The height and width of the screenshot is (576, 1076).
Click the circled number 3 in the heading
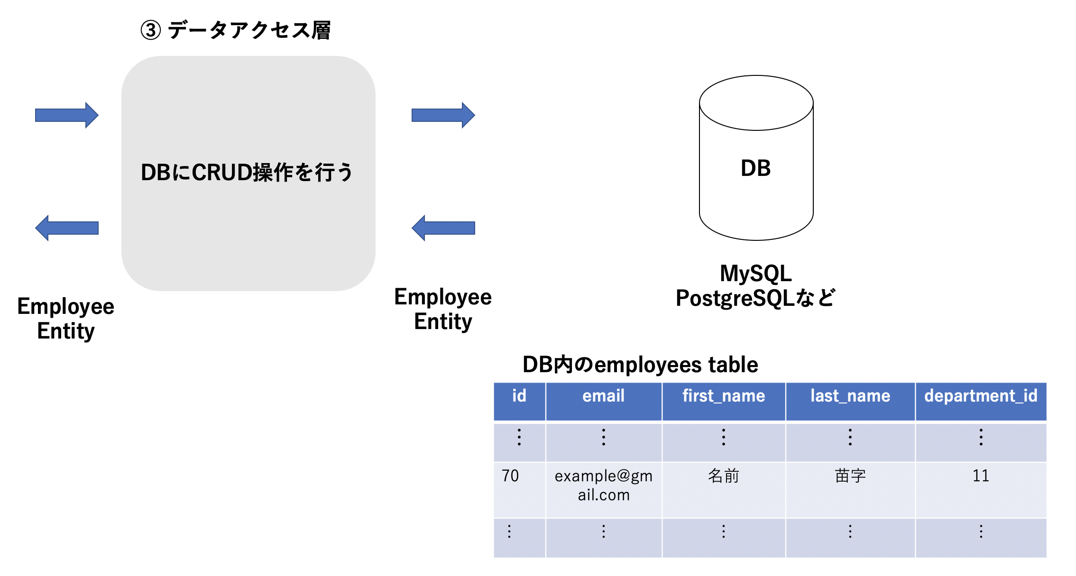pos(150,31)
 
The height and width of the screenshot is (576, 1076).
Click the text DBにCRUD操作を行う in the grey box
pos(247,173)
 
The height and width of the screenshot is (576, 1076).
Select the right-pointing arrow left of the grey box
pos(67,115)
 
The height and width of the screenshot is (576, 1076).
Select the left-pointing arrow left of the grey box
pos(67,228)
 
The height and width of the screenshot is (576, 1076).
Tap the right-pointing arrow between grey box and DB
pos(443,115)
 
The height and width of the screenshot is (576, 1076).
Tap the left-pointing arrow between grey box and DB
pos(443,228)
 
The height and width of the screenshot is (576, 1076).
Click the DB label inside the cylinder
pos(755,168)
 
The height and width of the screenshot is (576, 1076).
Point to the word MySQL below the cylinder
pos(755,274)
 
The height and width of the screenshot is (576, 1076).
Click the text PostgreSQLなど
pos(755,298)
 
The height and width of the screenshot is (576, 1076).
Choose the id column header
pos(519,396)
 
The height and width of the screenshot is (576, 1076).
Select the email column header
pos(603,396)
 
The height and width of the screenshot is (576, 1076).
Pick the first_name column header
pos(724,396)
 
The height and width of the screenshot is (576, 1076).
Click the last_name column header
pos(850,396)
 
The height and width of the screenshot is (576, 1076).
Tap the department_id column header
pos(981,396)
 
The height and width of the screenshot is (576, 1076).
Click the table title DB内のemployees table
pos(640,365)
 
